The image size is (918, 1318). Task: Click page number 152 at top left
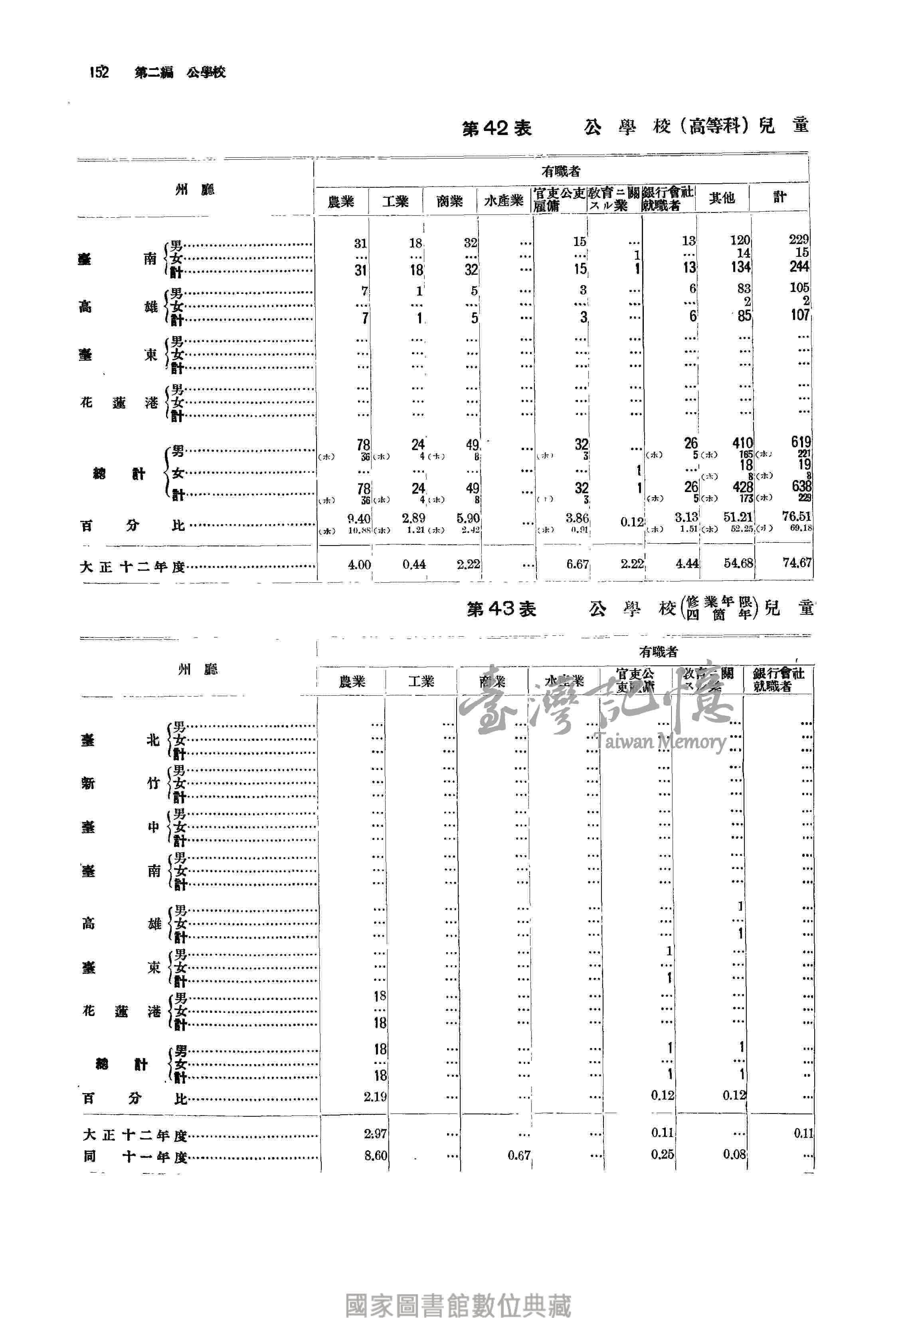pyautogui.click(x=99, y=72)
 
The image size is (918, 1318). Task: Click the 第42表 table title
pyautogui.click(x=497, y=128)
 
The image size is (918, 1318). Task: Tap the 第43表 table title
pyautogui.click(x=501, y=609)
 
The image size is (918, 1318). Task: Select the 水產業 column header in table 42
pyautogui.click(x=503, y=200)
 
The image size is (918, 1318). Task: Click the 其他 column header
pyautogui.click(x=721, y=198)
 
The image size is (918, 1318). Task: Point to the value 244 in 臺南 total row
pyautogui.click(x=799, y=266)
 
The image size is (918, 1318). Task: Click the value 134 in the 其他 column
pyautogui.click(x=741, y=267)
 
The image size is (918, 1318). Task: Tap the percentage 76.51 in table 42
pyautogui.click(x=797, y=516)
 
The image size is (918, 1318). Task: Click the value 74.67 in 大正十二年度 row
pyautogui.click(x=797, y=563)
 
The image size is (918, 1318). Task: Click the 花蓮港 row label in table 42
pyautogui.click(x=119, y=403)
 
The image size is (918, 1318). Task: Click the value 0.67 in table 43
pyautogui.click(x=519, y=1155)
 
